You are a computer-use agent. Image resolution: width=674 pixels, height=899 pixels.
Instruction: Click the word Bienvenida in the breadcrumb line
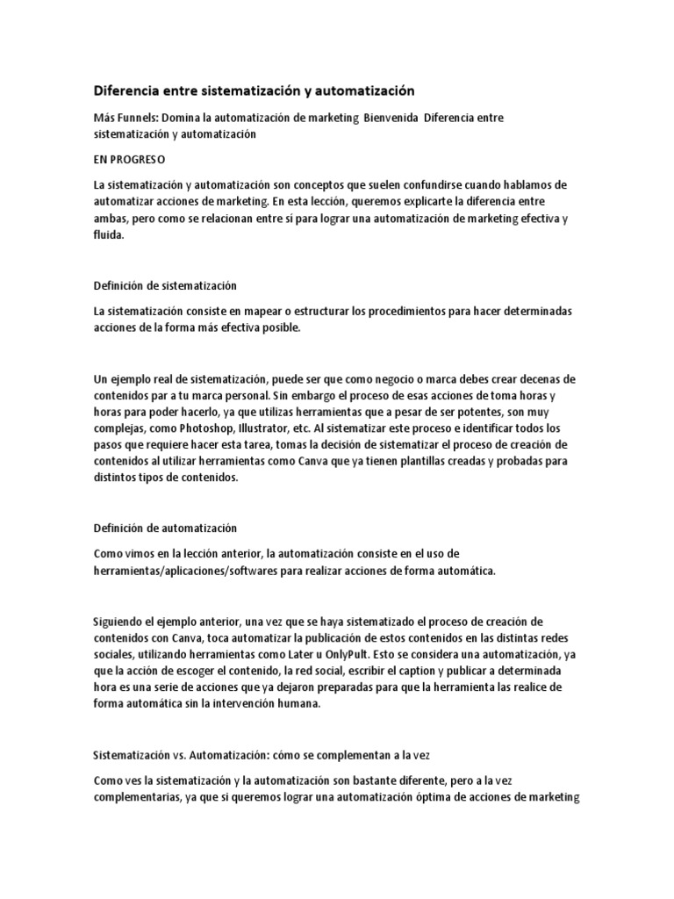click(x=389, y=118)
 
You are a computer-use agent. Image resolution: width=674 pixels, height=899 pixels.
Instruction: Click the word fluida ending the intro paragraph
click(x=109, y=235)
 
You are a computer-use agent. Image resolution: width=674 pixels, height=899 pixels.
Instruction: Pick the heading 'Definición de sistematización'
click(x=165, y=286)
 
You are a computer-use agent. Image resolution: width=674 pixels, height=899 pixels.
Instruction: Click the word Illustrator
click(x=263, y=429)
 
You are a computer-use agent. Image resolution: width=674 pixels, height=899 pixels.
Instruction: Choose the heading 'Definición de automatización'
click(x=166, y=529)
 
